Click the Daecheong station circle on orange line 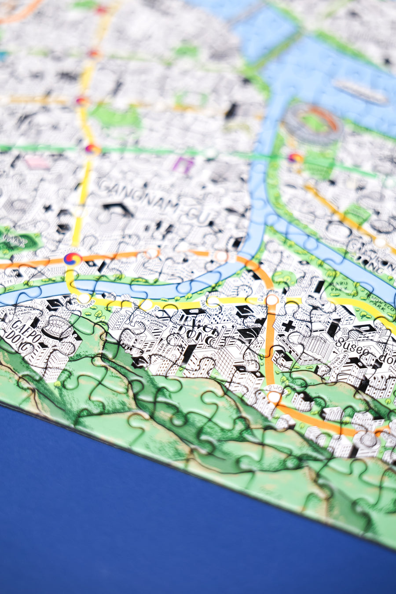click(272, 300)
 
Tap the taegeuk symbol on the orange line click(72, 259)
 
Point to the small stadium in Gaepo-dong click(57, 328)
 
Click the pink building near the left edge click(37, 162)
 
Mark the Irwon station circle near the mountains click(274, 397)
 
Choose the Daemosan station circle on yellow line click(213, 301)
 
